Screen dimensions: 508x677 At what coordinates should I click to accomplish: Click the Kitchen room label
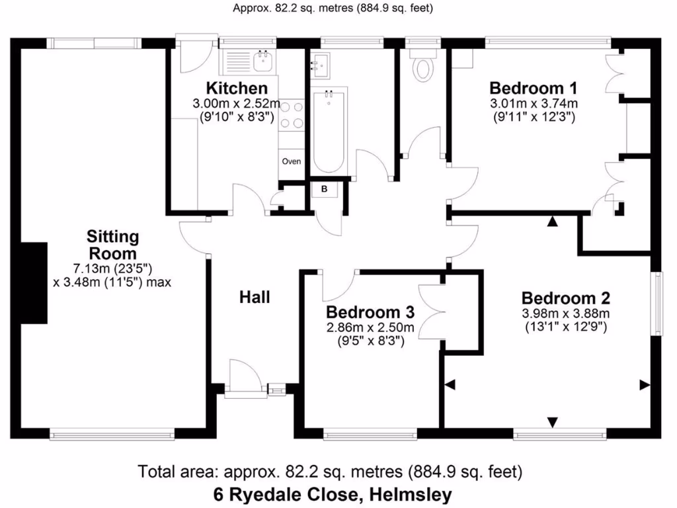tap(237, 89)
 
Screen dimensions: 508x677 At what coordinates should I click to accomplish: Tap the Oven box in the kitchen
tap(292, 161)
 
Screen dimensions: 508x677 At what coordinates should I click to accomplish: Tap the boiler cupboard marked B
tap(325, 189)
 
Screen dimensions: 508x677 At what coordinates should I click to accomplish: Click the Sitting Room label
tap(113, 245)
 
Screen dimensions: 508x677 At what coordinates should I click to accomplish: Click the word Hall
tap(255, 298)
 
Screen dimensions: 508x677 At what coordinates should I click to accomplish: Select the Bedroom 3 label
tap(371, 312)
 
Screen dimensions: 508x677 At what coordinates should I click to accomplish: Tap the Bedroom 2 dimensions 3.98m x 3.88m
tap(565, 314)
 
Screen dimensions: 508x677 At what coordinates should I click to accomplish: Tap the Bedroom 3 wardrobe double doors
tap(433, 313)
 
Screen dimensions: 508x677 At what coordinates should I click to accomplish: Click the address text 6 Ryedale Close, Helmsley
tap(333, 494)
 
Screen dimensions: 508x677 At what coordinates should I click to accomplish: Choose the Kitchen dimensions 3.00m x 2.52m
tap(237, 104)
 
